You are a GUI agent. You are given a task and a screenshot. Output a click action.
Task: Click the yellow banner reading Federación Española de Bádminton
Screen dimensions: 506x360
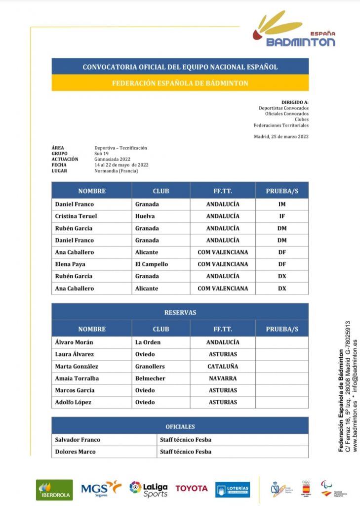180,83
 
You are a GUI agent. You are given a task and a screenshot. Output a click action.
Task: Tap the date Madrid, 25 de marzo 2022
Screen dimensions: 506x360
281,136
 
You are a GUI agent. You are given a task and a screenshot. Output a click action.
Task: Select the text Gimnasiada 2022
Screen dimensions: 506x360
113,159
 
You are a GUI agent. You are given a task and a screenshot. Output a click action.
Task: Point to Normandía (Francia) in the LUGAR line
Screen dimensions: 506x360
116,171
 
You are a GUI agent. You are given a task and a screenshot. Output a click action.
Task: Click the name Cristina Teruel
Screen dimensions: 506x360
76,216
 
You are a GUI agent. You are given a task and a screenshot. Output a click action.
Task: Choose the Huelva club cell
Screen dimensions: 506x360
145,216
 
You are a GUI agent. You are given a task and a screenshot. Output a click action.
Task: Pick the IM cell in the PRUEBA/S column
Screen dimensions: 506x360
282,204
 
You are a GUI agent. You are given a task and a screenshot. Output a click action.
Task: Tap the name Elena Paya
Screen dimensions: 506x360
70,264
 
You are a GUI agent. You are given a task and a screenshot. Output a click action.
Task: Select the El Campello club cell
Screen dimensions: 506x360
152,264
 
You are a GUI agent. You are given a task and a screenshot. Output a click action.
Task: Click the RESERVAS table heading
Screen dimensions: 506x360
180,312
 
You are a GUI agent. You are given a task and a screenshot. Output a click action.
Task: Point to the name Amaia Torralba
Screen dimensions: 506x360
78,379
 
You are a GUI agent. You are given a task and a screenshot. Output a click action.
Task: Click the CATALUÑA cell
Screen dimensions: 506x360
223,367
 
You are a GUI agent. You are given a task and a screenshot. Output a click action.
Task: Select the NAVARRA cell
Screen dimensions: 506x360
223,379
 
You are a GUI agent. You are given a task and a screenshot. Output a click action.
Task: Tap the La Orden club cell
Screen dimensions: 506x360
148,342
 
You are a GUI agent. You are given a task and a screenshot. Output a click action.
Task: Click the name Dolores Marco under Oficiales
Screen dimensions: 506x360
76,452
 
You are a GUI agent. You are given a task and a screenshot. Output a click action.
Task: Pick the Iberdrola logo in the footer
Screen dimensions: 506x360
54,490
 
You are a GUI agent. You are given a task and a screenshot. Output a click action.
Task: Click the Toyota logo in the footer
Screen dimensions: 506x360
192,489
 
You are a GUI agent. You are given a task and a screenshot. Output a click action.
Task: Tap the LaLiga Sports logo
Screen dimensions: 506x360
149,489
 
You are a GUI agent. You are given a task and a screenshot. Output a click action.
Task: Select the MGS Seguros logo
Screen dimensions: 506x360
101,489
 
